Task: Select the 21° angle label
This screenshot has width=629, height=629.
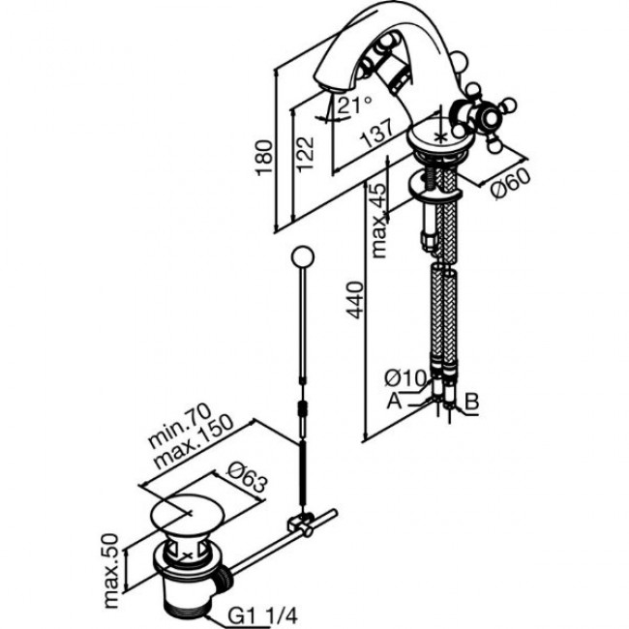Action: pyautogui.click(x=355, y=105)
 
